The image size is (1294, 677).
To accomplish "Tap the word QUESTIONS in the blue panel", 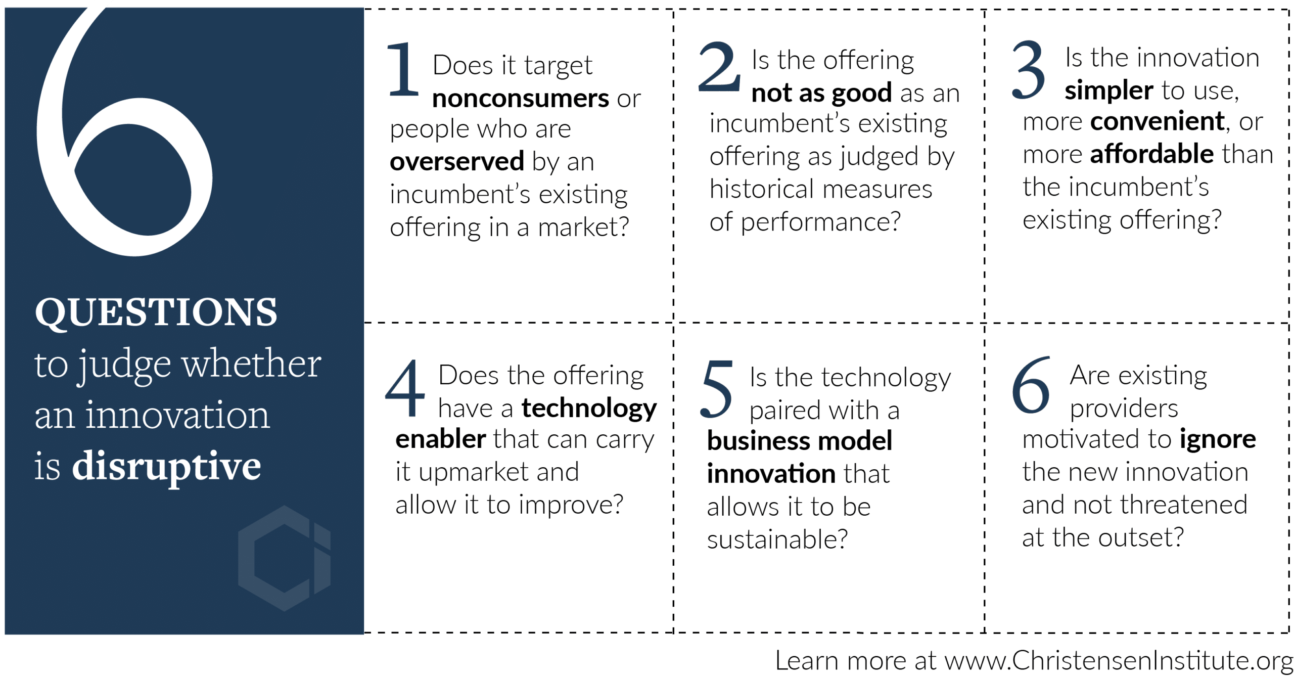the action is tap(156, 312).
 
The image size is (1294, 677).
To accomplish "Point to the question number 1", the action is tap(403, 69).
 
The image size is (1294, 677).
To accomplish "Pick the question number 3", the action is tap(1028, 70).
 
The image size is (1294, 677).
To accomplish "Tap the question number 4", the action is tap(405, 388).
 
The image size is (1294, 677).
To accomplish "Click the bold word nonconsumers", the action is tap(521, 98).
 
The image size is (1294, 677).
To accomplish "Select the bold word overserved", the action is tap(457, 161).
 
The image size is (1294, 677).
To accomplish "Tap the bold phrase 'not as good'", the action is tap(821, 94).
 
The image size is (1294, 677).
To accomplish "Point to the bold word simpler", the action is tap(1108, 91).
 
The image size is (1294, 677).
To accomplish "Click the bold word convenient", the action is tap(1158, 121).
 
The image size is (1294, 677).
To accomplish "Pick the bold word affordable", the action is tap(1152, 154).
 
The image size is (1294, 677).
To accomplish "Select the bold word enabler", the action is tap(441, 439).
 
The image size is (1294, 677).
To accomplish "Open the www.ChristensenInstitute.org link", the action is tap(1118, 661).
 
